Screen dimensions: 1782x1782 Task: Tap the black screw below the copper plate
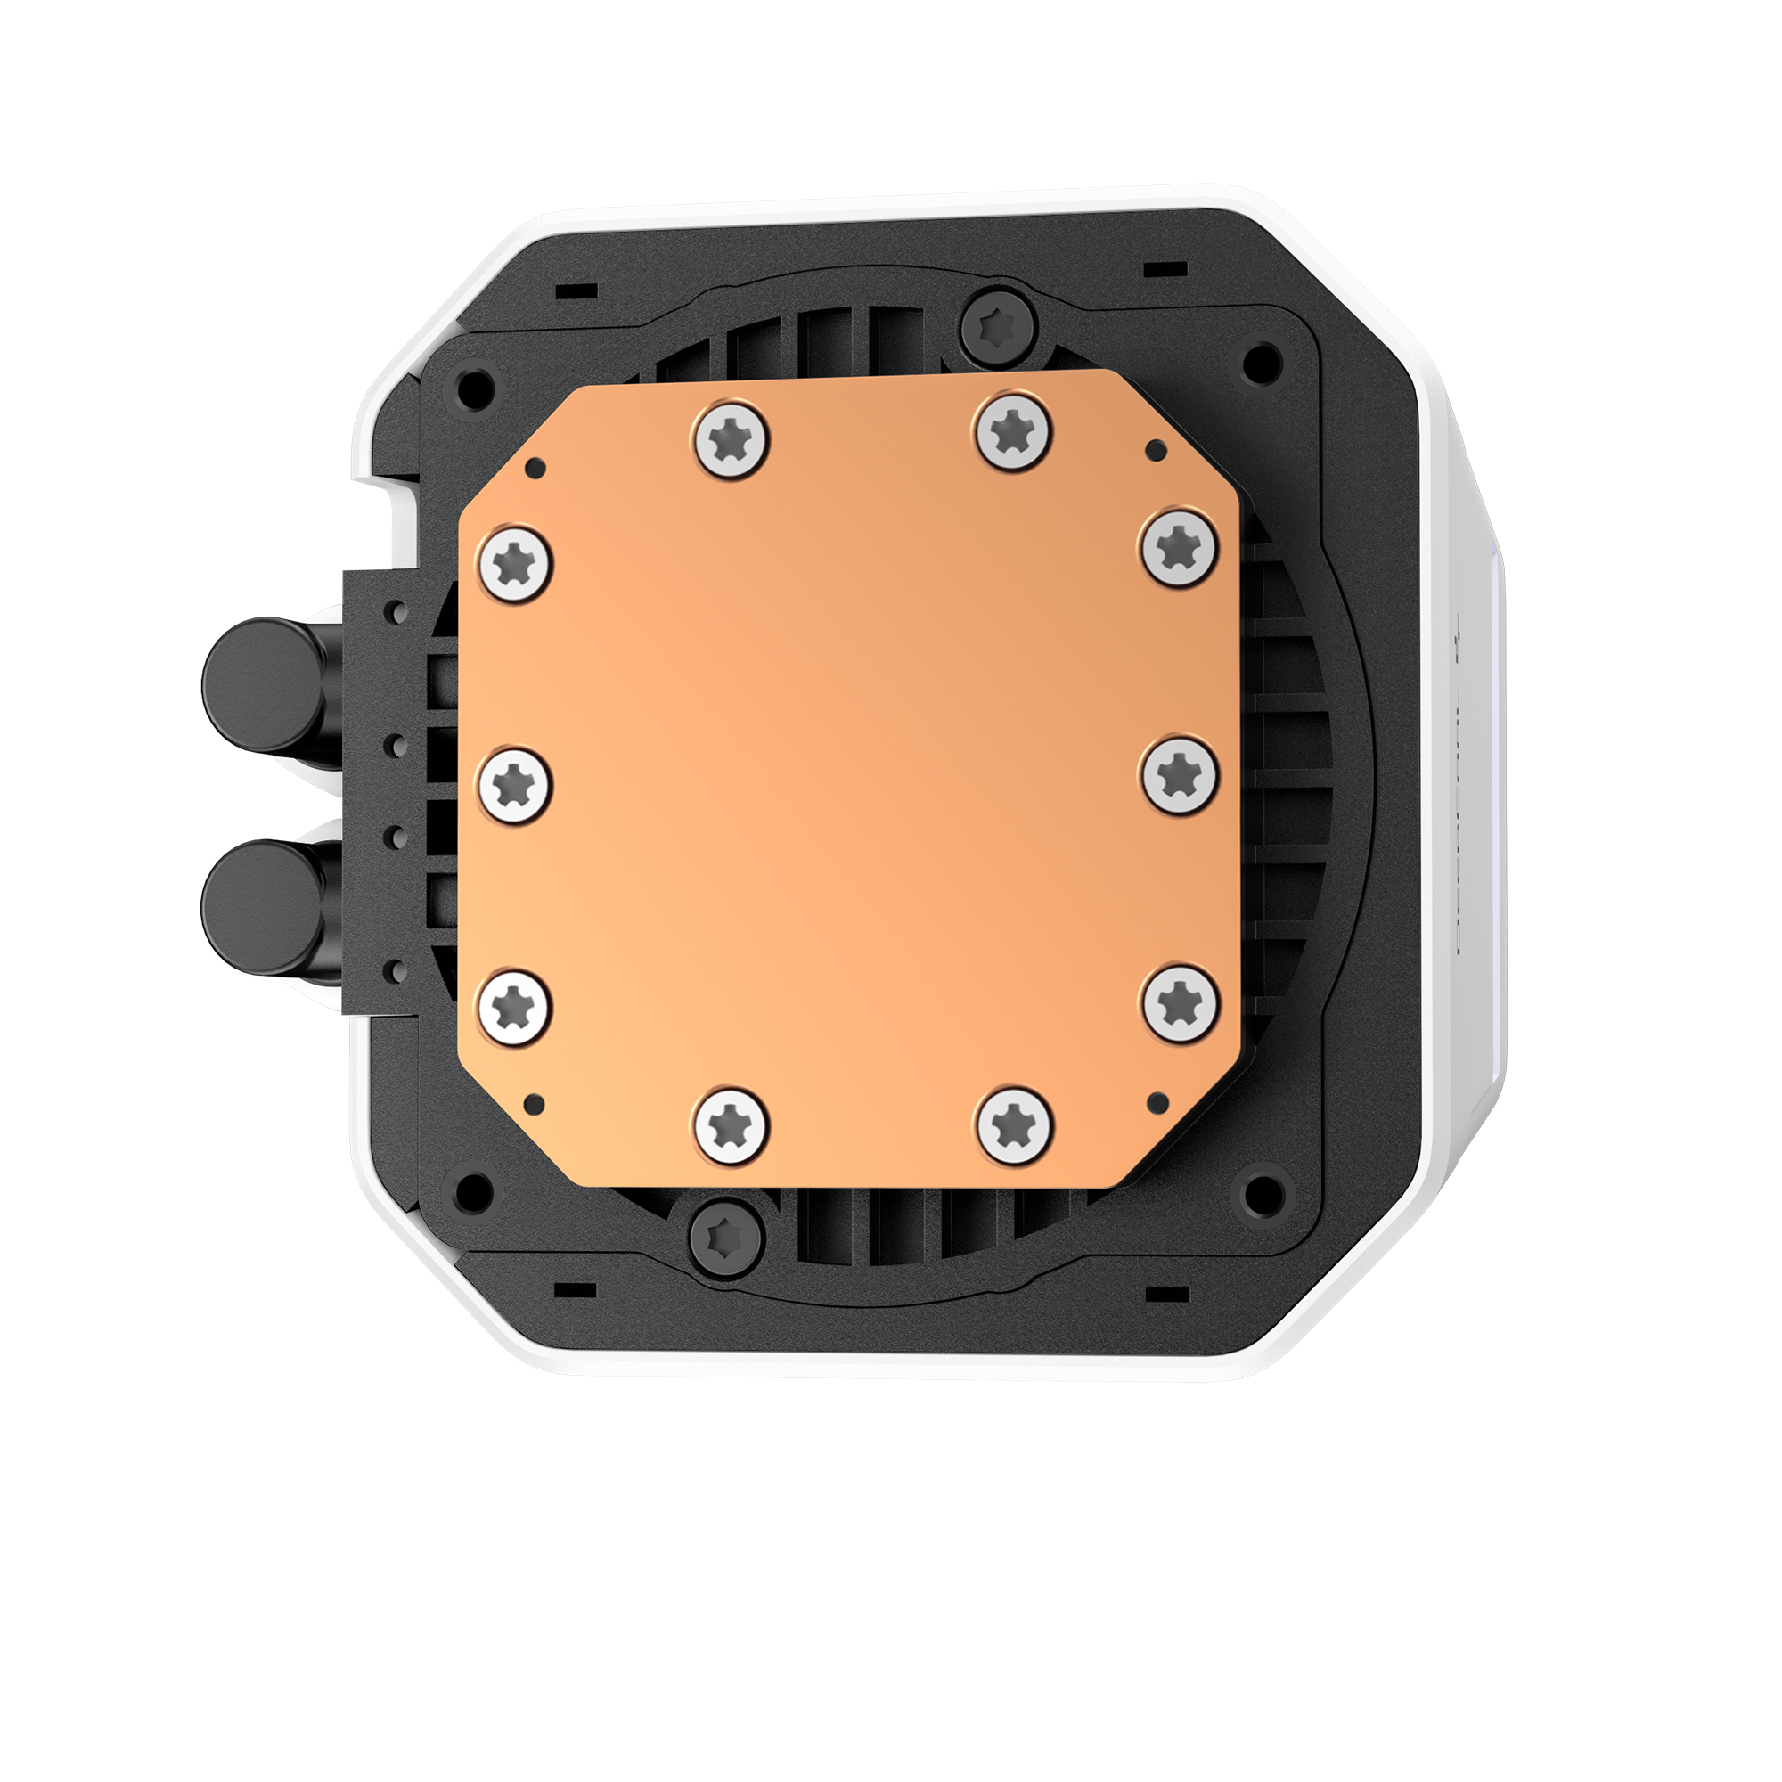(727, 1237)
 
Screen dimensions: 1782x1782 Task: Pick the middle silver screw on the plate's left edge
(515, 785)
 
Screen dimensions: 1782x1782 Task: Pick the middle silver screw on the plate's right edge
(1180, 776)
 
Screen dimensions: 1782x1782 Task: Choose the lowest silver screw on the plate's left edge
(515, 1006)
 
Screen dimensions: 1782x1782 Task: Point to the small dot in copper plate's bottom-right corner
(1159, 1102)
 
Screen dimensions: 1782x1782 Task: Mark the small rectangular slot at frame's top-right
(1165, 269)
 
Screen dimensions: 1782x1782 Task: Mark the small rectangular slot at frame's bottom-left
(576, 1287)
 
